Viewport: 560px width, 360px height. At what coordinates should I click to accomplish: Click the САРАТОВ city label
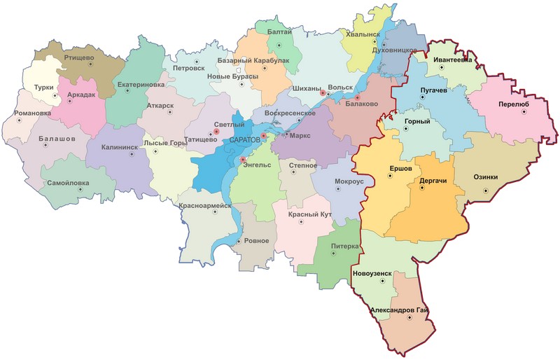pyautogui.click(x=244, y=141)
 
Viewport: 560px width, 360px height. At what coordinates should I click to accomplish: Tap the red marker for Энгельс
pyautogui.click(x=243, y=161)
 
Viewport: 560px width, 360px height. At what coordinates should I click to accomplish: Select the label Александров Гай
pyautogui.click(x=398, y=310)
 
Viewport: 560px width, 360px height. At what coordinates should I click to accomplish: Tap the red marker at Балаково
pyautogui.click(x=357, y=97)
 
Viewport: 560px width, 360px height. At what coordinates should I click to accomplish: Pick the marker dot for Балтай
pyautogui.click(x=279, y=45)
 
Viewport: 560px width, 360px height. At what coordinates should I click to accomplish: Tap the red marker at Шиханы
pyautogui.click(x=323, y=92)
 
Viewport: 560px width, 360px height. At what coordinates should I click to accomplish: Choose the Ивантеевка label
pyautogui.click(x=453, y=60)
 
